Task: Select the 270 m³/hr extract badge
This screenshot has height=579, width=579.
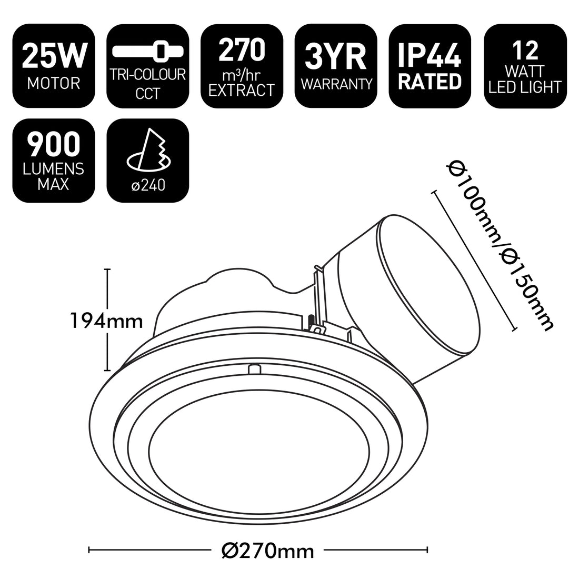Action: [242, 66]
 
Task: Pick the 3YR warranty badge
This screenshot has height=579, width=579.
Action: [336, 66]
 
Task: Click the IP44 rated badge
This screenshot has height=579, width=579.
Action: [431, 66]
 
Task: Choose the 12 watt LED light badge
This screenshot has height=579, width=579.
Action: [525, 66]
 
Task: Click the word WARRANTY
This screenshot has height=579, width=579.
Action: [336, 83]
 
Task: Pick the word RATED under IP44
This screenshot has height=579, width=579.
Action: [431, 82]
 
